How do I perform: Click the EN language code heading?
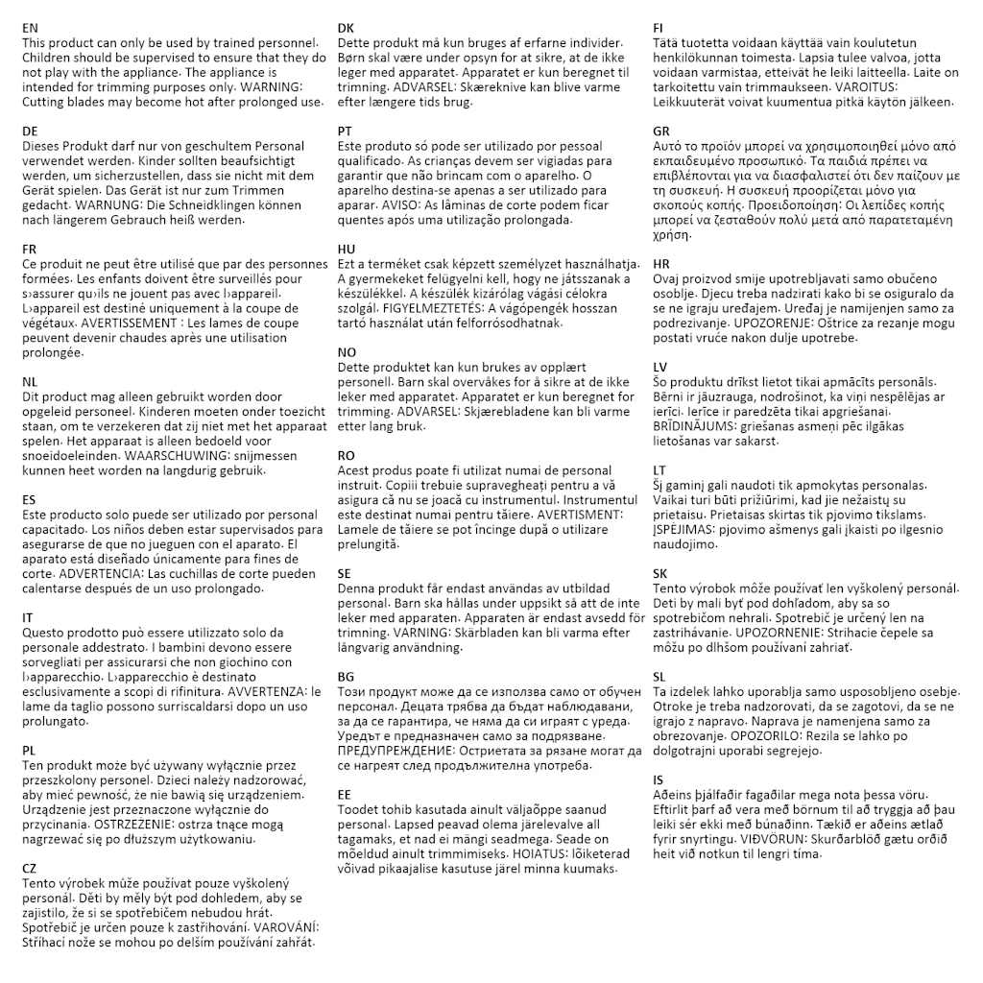31,29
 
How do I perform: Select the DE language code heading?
31,131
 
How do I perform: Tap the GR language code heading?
661,131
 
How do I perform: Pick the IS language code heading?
659,779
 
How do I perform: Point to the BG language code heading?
347,677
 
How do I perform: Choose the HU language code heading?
347,249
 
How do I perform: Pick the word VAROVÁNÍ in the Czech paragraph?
286,927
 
